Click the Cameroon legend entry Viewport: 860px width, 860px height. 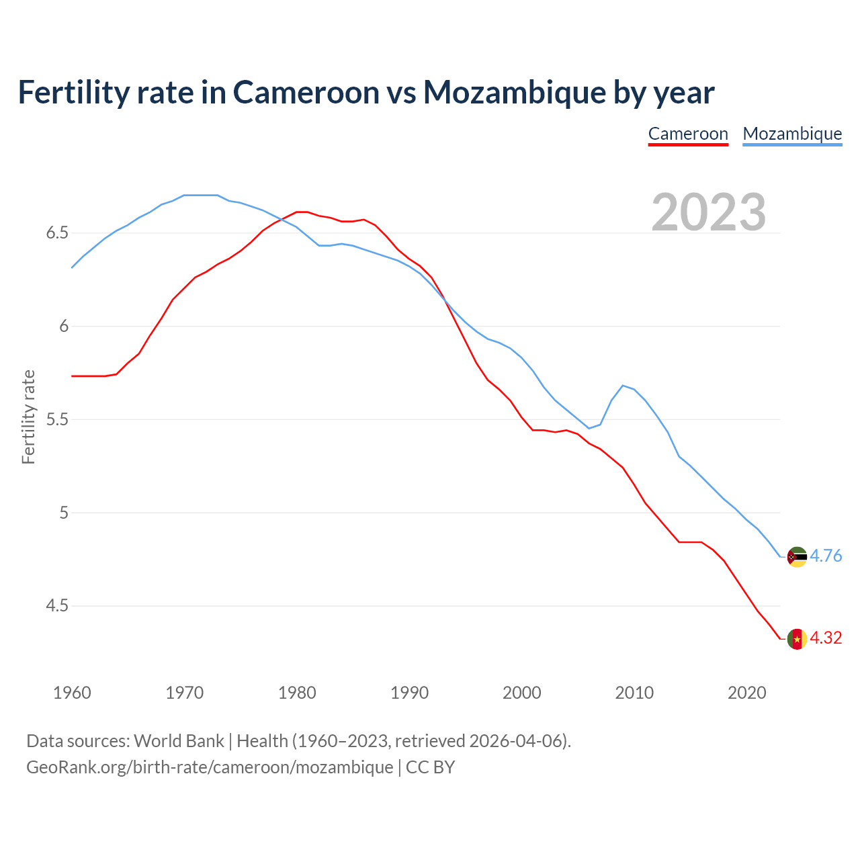coord(688,134)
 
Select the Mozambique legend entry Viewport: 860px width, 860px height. coord(792,134)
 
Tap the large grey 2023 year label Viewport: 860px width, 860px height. coord(708,212)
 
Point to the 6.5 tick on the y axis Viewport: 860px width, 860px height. coord(57,233)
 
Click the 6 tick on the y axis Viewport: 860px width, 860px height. coord(64,327)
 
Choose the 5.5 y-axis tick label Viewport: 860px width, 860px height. coord(57,420)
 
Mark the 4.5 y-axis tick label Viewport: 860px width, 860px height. coord(57,606)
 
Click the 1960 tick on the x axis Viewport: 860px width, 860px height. coord(72,693)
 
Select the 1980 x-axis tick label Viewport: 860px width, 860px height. coord(297,693)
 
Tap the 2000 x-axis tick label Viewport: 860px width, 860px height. coord(522,693)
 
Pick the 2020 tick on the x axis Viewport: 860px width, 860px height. coord(746,693)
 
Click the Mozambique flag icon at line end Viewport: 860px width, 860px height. coord(797,557)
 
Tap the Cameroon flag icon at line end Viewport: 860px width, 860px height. coord(797,639)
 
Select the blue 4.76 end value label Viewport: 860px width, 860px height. coord(826,556)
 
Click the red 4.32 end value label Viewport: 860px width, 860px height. coord(826,638)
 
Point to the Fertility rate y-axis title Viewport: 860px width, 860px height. coord(28,417)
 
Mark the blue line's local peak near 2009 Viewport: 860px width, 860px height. coord(623,386)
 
